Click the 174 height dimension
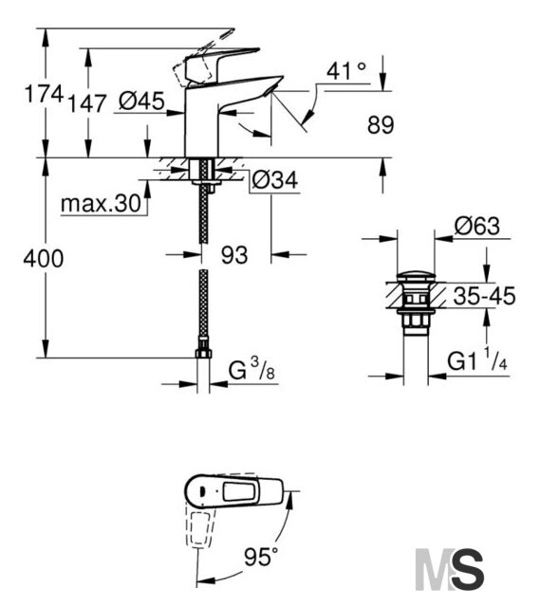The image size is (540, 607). click(x=44, y=95)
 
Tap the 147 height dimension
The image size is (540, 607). click(x=86, y=103)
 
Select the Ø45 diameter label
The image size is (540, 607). click(x=141, y=101)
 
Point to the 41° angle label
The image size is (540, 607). click(x=346, y=71)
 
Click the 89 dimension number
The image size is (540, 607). click(x=381, y=125)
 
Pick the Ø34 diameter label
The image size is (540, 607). click(x=275, y=179)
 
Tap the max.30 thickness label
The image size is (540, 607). click(x=101, y=203)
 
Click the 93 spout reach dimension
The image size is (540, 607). click(x=234, y=255)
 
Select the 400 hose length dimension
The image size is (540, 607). click(x=44, y=259)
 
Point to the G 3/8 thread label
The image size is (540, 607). click(x=251, y=371)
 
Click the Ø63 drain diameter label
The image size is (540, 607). click(x=477, y=226)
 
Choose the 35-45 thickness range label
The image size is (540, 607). click(x=484, y=296)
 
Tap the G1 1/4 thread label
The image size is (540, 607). click(x=477, y=360)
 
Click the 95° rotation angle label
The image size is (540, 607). click(x=261, y=557)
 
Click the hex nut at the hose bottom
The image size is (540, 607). click(x=203, y=352)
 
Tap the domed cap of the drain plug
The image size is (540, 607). click(x=417, y=277)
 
